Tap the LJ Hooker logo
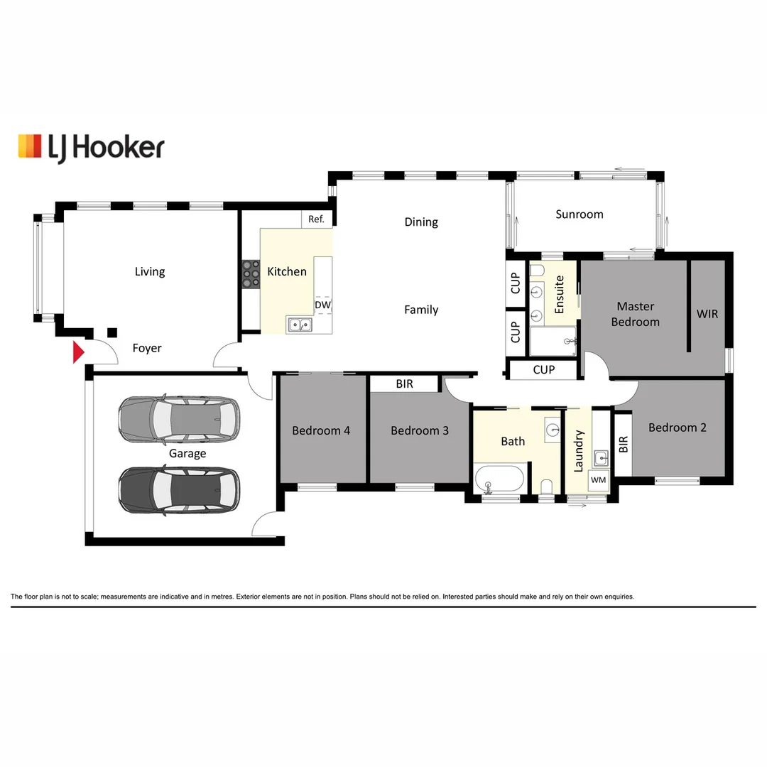coord(91,147)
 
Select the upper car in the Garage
coord(179,418)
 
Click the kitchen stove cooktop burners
coord(251,273)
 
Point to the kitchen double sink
coord(300,325)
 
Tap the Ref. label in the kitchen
coord(316,219)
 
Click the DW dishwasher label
coord(322,305)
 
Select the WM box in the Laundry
coord(598,481)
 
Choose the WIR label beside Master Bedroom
coord(707,313)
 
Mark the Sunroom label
coord(580,214)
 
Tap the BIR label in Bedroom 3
coord(404,384)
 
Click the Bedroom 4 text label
coord(321,430)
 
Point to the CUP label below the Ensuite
coord(543,369)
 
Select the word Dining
coord(421,222)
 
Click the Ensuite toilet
coord(537,270)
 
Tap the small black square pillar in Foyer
coord(111,332)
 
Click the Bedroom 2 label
coord(678,428)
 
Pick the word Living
coord(150,272)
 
